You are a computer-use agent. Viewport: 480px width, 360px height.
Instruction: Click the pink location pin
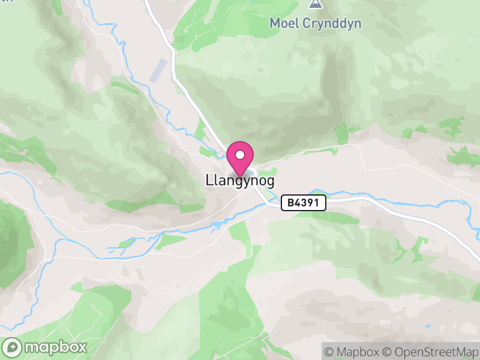tap(241, 158)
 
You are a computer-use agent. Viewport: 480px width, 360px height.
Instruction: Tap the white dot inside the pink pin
tap(241, 154)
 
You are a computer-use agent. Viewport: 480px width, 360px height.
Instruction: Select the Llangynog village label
tap(240, 180)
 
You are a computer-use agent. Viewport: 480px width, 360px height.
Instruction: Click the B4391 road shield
tap(304, 203)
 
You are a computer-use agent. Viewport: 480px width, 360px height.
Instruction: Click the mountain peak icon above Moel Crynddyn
tap(314, 4)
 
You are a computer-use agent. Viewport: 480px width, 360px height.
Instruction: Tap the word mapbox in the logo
tap(56, 347)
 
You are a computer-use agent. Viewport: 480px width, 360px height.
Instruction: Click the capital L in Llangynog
tap(209, 179)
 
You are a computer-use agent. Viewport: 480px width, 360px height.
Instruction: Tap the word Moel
tap(283, 23)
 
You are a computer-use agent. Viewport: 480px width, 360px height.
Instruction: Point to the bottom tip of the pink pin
tap(241, 176)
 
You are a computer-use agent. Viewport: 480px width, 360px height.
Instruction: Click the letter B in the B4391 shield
tap(290, 203)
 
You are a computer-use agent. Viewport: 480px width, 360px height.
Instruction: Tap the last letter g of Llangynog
tap(271, 181)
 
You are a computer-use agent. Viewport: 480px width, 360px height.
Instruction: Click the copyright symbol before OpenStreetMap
tap(388, 351)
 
